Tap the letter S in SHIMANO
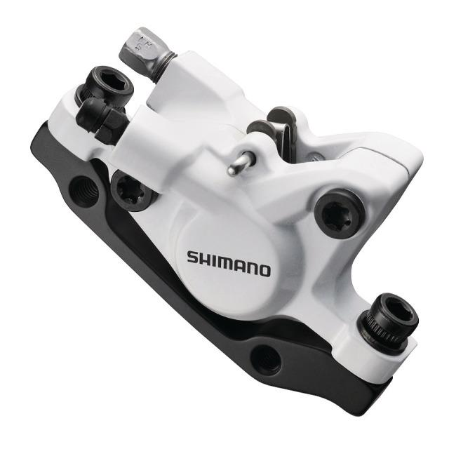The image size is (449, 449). click(x=193, y=257)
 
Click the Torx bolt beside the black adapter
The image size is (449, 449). click(x=132, y=190)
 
